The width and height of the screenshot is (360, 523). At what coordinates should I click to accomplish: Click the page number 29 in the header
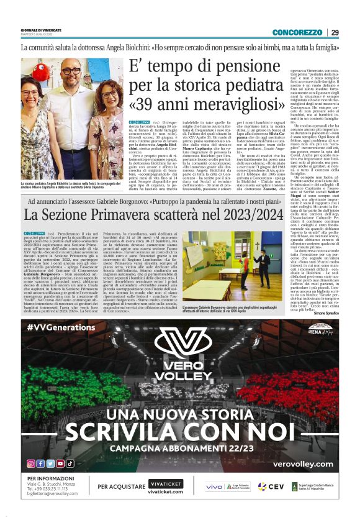click(335, 32)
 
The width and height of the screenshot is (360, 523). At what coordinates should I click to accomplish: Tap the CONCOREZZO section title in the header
click(297, 32)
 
